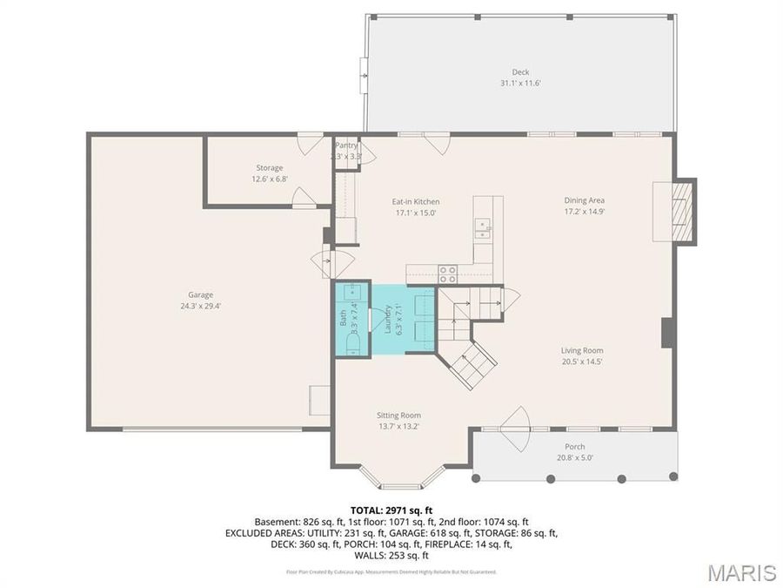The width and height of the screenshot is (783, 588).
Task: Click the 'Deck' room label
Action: pyautogui.click(x=520, y=72)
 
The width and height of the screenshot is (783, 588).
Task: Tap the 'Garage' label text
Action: pyautogui.click(x=200, y=294)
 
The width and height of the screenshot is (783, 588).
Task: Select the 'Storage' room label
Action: pyautogui.click(x=269, y=167)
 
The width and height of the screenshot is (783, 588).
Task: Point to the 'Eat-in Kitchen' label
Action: pyautogui.click(x=415, y=201)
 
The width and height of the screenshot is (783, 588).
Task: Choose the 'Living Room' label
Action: pyautogui.click(x=582, y=350)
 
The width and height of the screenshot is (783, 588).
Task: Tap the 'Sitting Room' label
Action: pyautogui.click(x=398, y=416)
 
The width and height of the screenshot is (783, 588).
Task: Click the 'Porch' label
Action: pyautogui.click(x=575, y=446)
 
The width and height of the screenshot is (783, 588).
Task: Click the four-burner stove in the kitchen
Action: pyautogui.click(x=447, y=274)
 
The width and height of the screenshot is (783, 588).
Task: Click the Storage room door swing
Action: pyautogui.click(x=304, y=198)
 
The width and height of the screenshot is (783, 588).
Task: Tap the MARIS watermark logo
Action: pyautogui.click(x=740, y=572)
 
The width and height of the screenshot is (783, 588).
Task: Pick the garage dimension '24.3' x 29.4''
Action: pyautogui.click(x=200, y=306)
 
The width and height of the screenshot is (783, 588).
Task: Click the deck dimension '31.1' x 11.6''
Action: pyautogui.click(x=520, y=84)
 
